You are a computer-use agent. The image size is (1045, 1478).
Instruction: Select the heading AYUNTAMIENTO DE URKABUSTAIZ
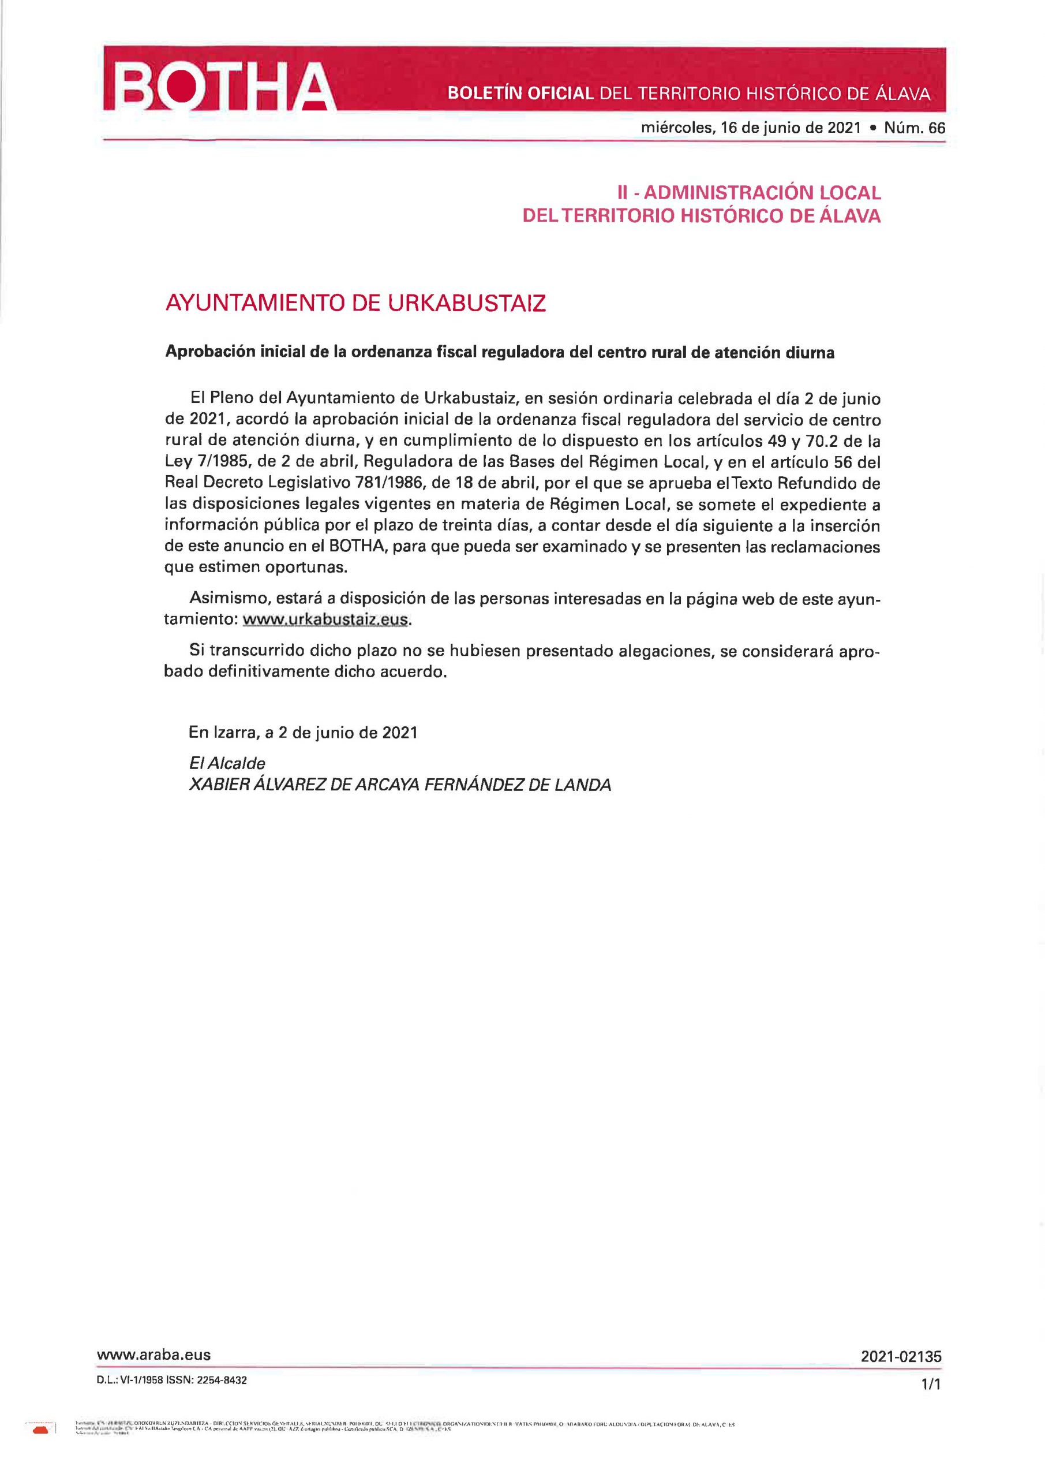click(356, 303)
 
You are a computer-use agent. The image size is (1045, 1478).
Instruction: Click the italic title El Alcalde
click(227, 763)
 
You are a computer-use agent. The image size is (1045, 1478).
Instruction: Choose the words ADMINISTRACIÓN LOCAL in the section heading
click(762, 192)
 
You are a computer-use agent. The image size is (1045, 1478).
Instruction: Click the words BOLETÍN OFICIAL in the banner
click(520, 94)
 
